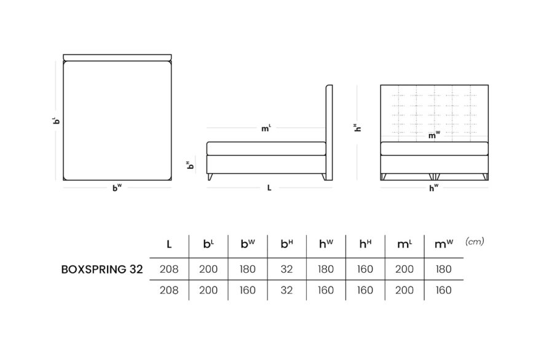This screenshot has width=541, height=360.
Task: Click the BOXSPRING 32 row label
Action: (102, 269)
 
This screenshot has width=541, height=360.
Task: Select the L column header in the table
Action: (169, 245)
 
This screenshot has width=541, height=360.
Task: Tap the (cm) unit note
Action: (475, 241)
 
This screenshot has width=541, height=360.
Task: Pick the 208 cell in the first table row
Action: (169, 269)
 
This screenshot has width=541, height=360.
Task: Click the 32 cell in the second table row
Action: (286, 291)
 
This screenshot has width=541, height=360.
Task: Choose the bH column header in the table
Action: (286, 244)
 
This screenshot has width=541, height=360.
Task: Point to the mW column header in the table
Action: (444, 244)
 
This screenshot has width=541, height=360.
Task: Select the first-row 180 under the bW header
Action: (248, 269)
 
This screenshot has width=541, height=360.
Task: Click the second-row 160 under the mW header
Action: (443, 291)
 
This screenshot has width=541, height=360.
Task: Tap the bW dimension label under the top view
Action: (117, 188)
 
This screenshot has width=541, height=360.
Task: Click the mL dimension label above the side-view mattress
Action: (266, 128)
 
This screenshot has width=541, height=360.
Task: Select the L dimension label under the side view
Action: (269, 188)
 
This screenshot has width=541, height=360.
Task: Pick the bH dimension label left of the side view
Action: (190, 165)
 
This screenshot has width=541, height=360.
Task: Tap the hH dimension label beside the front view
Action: (358, 128)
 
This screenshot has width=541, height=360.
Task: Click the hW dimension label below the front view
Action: (434, 188)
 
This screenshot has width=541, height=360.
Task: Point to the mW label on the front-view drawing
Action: (434, 135)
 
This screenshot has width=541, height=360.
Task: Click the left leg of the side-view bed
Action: (210, 177)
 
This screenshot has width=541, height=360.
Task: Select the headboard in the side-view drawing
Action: (329, 133)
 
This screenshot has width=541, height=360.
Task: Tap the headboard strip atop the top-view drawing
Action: (117, 57)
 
